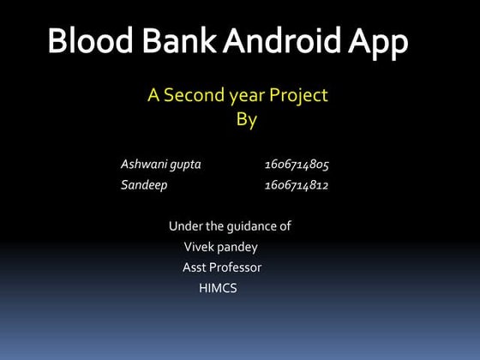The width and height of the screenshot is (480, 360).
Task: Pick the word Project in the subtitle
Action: pyautogui.click(x=298, y=96)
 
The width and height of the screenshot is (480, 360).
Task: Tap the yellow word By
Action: pyautogui.click(x=246, y=120)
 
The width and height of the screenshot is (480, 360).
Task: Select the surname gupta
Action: pyautogui.click(x=186, y=165)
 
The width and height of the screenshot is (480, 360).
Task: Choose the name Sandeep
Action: pyautogui.click(x=144, y=185)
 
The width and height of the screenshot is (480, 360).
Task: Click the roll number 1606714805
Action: pyautogui.click(x=297, y=164)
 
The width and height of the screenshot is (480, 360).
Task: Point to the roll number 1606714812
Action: pyautogui.click(x=297, y=184)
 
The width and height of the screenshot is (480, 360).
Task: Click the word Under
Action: pyautogui.click(x=185, y=226)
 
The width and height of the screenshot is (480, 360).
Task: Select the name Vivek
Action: pyautogui.click(x=199, y=247)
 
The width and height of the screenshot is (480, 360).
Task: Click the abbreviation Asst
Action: pyautogui.click(x=194, y=267)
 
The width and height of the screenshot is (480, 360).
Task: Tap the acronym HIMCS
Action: pyautogui.click(x=217, y=288)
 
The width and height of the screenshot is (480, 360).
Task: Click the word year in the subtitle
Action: pyautogui.click(x=246, y=96)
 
